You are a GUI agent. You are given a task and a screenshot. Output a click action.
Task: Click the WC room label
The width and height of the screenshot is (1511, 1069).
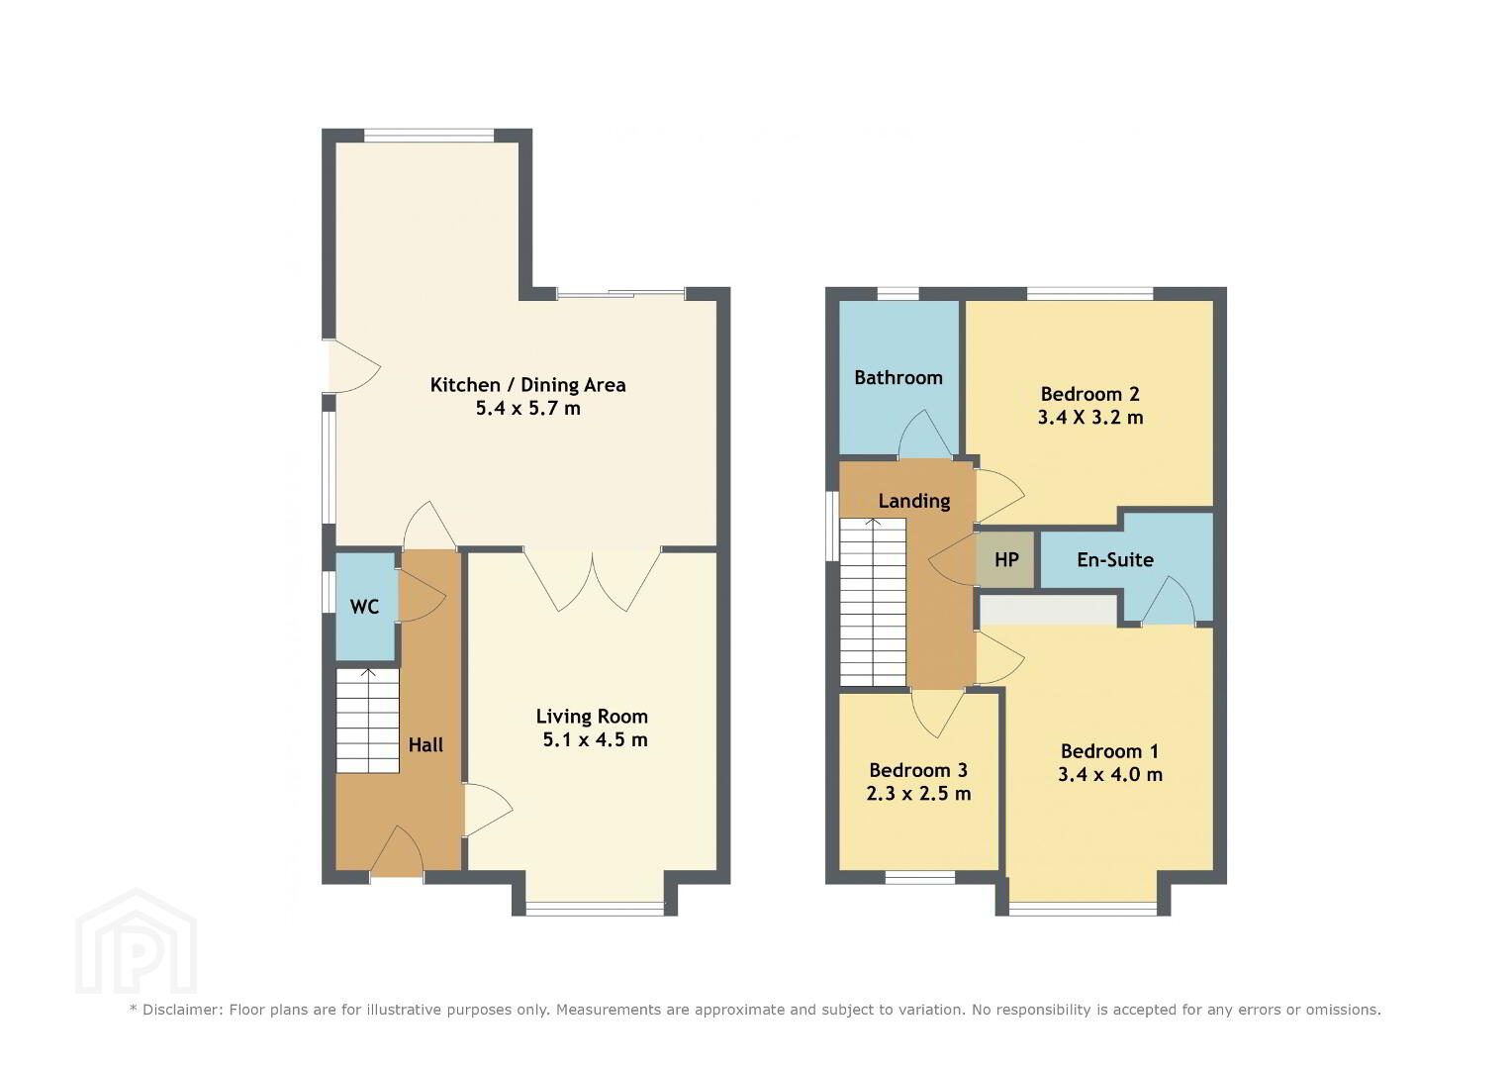tap(364, 607)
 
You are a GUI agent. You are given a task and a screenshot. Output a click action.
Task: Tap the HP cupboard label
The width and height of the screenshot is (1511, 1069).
tap(1006, 559)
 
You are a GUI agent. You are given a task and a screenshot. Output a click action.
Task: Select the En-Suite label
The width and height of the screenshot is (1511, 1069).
tap(1115, 559)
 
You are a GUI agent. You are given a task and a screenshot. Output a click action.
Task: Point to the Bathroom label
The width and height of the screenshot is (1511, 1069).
tap(898, 377)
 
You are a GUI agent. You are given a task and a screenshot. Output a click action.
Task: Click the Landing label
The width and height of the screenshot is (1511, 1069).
tap(914, 501)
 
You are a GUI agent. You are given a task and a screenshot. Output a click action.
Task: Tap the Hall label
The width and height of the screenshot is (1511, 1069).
tap(425, 745)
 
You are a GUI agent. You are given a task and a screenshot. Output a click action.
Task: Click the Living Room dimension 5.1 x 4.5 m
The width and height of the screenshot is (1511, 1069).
tap(595, 739)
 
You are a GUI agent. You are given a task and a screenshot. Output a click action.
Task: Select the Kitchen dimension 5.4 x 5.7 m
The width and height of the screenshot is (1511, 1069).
tap(528, 408)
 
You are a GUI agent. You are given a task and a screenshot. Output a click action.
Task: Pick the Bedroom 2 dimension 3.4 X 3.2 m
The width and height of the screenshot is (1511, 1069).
tap(1090, 417)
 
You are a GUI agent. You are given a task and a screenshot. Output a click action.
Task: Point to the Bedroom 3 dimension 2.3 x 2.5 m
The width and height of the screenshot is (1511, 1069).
tap(918, 794)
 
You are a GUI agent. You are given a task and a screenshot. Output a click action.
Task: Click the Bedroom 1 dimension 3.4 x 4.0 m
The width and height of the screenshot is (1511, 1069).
tap(1109, 775)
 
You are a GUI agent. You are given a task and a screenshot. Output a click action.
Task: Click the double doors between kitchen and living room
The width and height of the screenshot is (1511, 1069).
tap(593, 579)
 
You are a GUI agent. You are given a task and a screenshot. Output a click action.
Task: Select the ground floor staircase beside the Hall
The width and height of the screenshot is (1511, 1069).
tap(368, 721)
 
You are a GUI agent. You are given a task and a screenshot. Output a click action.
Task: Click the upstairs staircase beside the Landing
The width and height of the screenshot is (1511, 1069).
tap(873, 602)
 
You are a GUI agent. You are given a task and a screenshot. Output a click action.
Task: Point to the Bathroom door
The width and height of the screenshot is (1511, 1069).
tap(925, 434)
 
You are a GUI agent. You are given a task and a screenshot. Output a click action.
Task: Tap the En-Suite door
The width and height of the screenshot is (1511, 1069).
tap(1169, 600)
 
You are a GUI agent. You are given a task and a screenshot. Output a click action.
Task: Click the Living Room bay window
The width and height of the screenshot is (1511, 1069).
tap(595, 909)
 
